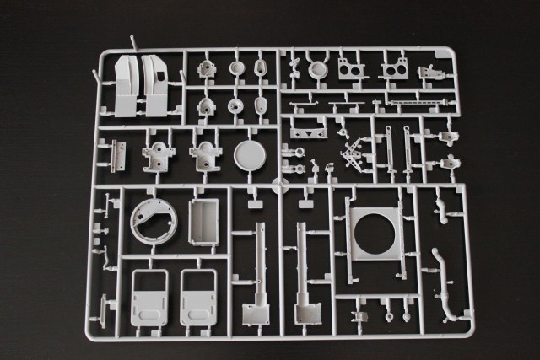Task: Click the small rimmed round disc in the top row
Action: [x=317, y=71]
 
